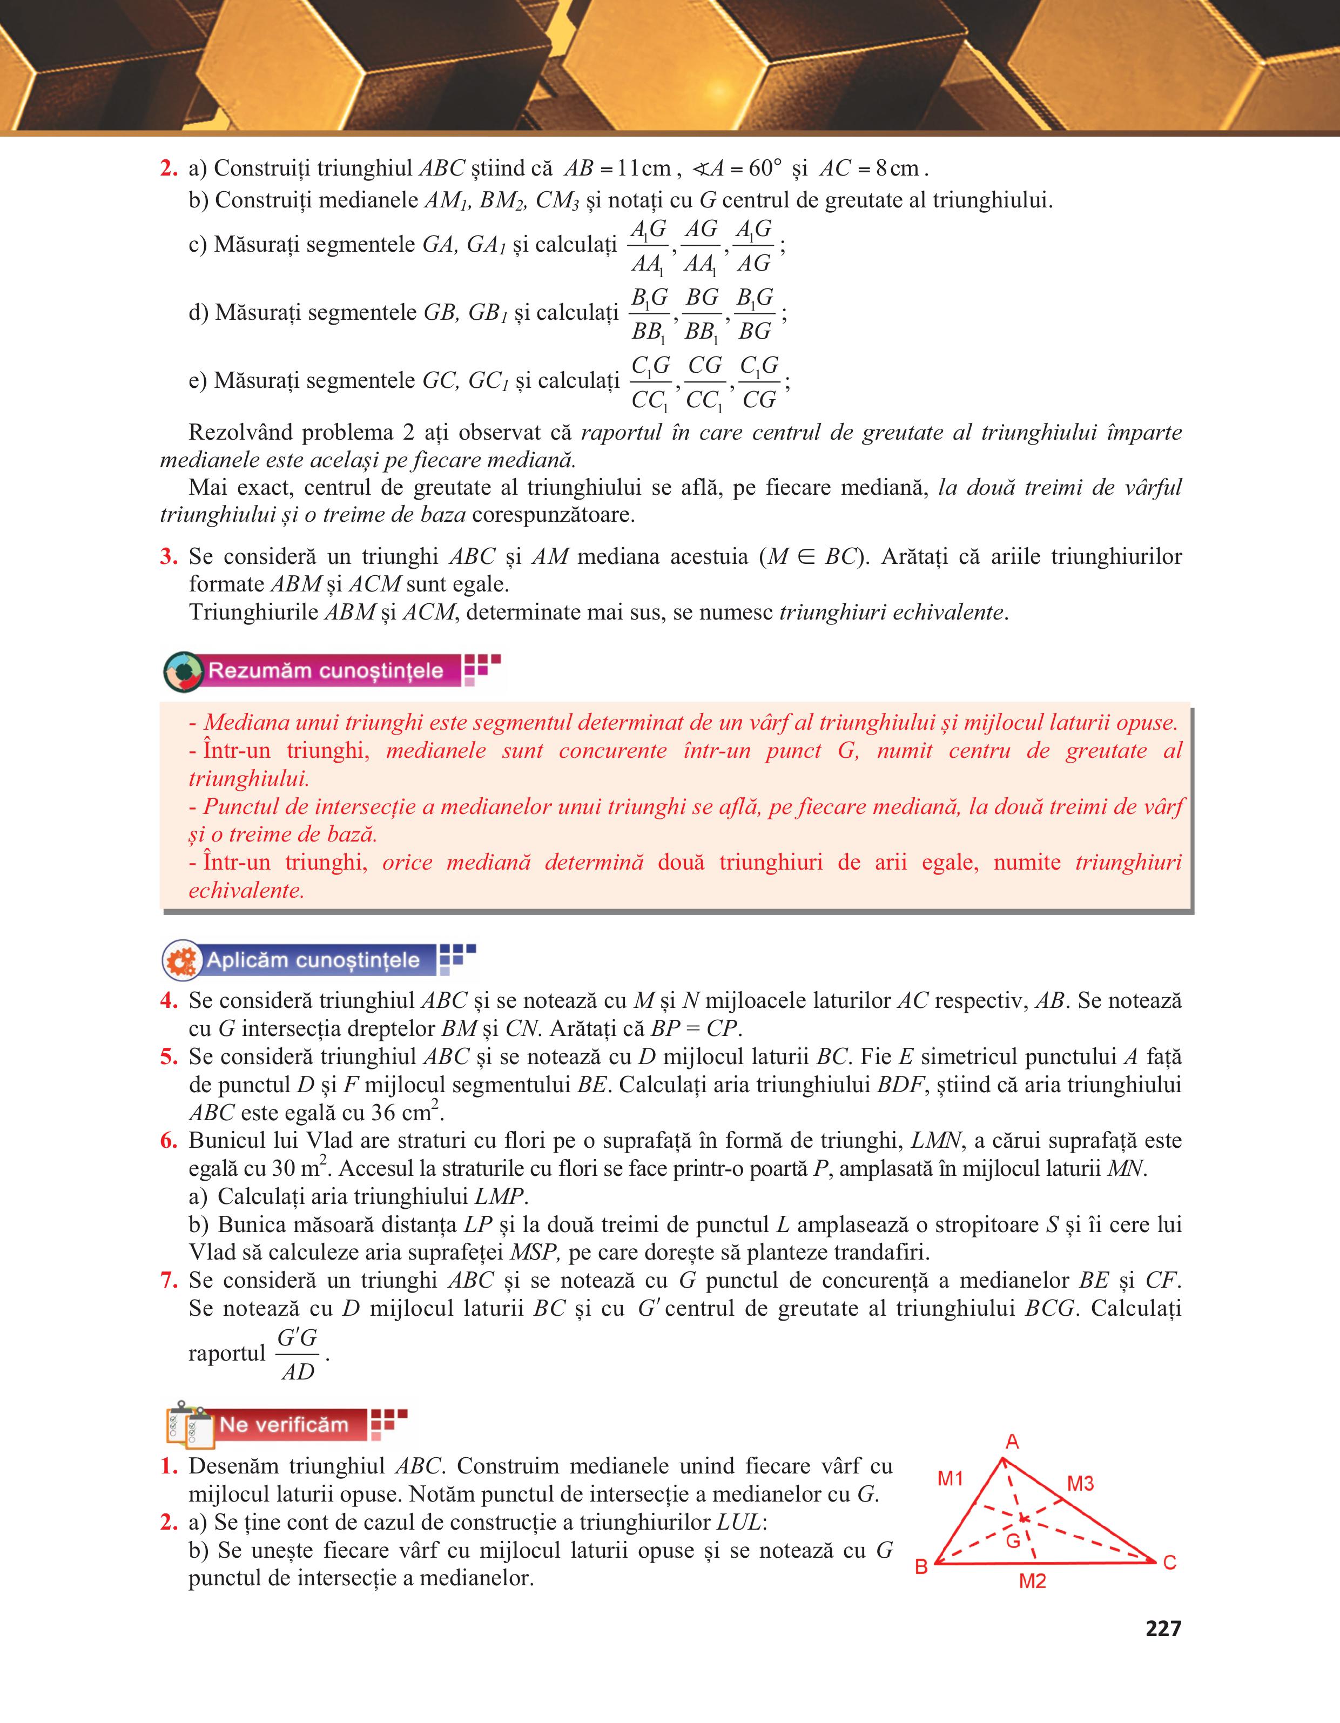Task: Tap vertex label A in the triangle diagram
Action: (x=1013, y=1442)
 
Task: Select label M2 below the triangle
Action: (x=1032, y=1581)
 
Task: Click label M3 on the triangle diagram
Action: (x=1080, y=1484)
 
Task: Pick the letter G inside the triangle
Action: (x=1013, y=1540)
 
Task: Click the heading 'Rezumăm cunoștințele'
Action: (x=325, y=671)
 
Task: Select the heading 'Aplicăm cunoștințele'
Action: (x=313, y=960)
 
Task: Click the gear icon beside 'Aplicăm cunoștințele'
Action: (x=182, y=960)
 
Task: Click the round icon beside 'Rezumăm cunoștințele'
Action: (x=183, y=672)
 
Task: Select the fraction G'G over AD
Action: (x=298, y=1355)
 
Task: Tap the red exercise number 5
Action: (x=168, y=1057)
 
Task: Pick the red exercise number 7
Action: (x=168, y=1281)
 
